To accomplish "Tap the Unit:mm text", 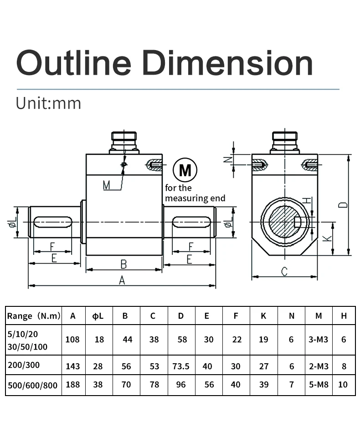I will click(48, 103).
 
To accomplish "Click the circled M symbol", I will click(185, 171).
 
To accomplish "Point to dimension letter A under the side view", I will click(122, 280).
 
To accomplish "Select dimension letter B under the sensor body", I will click(123, 264).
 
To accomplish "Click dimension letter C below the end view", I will click(284, 272).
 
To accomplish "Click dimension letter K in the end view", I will click(327, 238).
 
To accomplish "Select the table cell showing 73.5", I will click(181, 366).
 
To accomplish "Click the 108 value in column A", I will click(72, 340).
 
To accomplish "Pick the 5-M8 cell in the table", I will click(318, 385).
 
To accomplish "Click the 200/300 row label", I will click(23, 366).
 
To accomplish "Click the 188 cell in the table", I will click(72, 385).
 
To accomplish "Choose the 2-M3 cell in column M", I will click(318, 366).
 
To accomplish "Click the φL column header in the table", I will click(99, 316).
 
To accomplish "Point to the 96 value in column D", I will click(181, 385).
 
